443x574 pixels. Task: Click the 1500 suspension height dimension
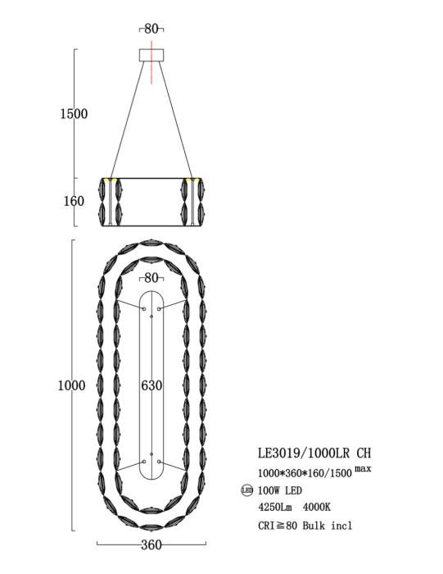tap(73, 114)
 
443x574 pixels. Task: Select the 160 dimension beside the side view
tap(74, 200)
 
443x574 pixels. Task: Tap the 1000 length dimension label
tap(72, 385)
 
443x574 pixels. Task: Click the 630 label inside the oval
tap(151, 385)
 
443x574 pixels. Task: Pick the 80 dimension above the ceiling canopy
tap(151, 29)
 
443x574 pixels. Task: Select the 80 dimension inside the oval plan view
tap(151, 278)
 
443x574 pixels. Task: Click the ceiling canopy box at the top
tap(151, 55)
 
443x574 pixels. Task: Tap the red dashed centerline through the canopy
tap(151, 70)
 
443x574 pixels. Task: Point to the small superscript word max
tap(363, 468)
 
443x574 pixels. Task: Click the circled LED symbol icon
tap(246, 491)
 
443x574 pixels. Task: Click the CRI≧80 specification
tap(277, 526)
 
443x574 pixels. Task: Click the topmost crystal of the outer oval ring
tap(151, 244)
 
